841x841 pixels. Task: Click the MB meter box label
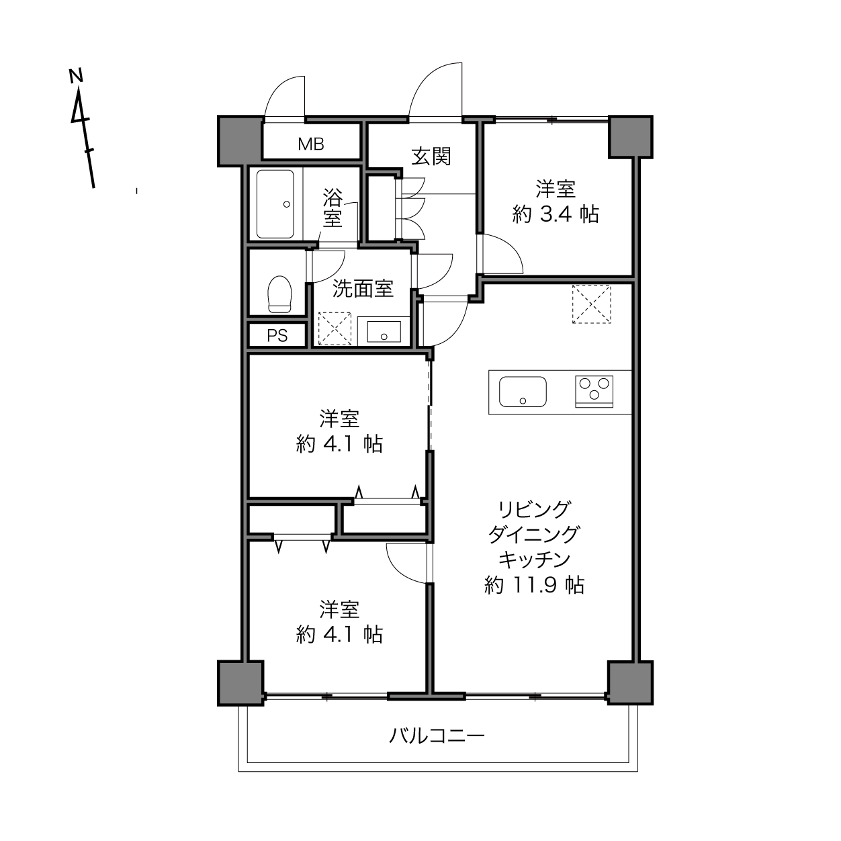(x=311, y=144)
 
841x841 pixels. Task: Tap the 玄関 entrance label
(x=431, y=157)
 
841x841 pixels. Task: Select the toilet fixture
(x=279, y=294)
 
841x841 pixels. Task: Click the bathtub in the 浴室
(x=275, y=204)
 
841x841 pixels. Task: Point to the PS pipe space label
(x=277, y=335)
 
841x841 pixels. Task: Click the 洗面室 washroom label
(x=363, y=288)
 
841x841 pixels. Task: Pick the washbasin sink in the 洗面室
(x=384, y=332)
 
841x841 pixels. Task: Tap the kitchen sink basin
(x=523, y=391)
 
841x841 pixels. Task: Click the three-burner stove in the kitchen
(x=594, y=391)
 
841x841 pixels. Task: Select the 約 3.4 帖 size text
(x=555, y=214)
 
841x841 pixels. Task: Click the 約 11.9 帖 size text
(x=534, y=585)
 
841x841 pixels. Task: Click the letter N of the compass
(x=76, y=75)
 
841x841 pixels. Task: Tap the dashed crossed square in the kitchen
(x=591, y=304)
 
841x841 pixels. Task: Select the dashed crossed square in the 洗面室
(x=335, y=328)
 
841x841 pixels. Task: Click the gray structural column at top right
(x=631, y=136)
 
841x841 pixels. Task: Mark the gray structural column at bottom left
(x=240, y=683)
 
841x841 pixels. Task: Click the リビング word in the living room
(x=534, y=508)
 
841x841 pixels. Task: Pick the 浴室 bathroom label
(x=333, y=208)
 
